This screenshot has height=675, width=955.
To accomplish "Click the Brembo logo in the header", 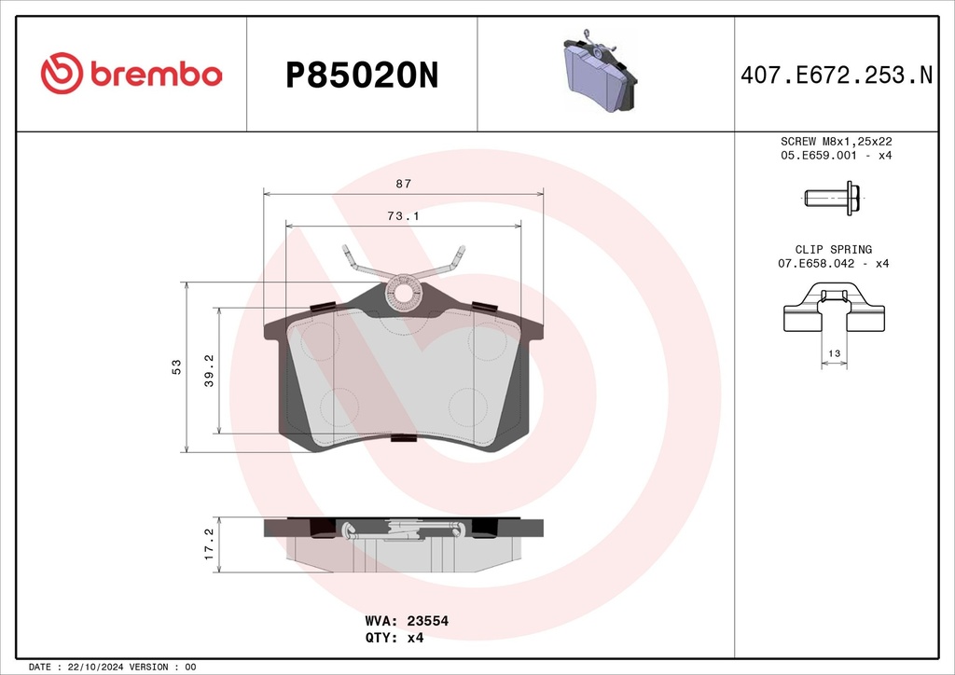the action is coord(131,73).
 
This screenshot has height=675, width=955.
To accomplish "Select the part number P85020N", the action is coord(362,76).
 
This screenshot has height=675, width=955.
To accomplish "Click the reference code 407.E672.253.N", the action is coord(837,75).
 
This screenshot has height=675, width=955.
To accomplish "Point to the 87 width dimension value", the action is coord(403,184).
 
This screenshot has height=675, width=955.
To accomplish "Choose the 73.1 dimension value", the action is coord(403,215).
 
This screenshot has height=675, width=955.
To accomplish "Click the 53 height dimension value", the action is coord(176,367).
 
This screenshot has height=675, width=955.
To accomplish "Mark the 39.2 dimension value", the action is coord(209,371).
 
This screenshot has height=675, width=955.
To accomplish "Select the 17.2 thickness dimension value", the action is coord(209,544).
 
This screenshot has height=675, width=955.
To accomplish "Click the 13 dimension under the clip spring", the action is coord(834,353).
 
